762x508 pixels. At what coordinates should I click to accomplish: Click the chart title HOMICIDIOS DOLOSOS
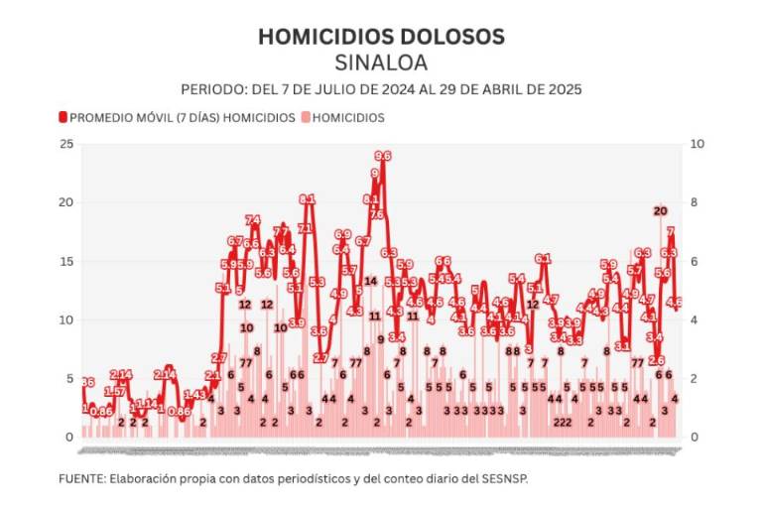point(381,37)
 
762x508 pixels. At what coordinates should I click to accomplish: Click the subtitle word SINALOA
point(381,63)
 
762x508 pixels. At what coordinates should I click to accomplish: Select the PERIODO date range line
point(381,88)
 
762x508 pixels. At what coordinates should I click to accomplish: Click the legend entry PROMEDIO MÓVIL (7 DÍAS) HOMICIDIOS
point(182,117)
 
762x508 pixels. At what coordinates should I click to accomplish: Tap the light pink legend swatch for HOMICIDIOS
point(306,117)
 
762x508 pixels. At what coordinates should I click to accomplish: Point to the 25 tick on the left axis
point(66,144)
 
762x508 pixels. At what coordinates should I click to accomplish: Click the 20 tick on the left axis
point(66,202)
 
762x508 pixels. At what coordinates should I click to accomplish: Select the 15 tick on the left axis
point(66,261)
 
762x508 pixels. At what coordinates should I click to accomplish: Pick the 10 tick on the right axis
point(698,144)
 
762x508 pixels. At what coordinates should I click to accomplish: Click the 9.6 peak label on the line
point(382,156)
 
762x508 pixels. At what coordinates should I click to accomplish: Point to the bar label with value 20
point(660,210)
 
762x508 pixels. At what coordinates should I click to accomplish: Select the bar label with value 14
point(370,281)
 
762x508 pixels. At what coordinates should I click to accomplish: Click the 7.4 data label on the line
point(253,220)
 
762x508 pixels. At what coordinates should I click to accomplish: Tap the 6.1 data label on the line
point(543,259)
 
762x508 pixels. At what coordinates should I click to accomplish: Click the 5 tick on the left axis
point(69,378)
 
